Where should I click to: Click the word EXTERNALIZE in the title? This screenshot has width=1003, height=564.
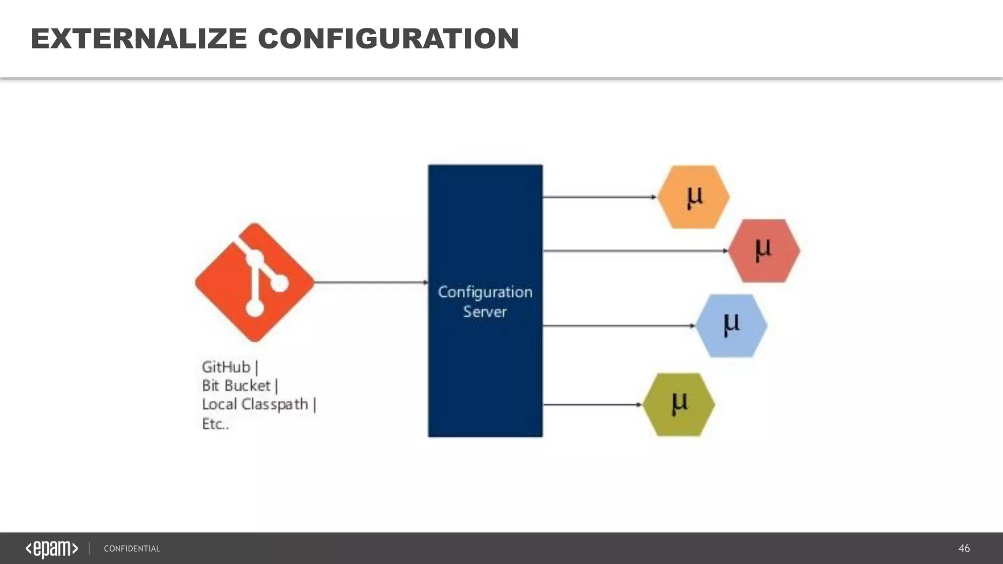click(139, 39)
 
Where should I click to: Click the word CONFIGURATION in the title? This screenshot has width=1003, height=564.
click(388, 39)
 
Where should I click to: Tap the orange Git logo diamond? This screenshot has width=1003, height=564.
click(255, 282)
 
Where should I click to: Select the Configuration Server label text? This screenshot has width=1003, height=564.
click(485, 302)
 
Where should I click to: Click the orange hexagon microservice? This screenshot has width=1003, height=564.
click(693, 197)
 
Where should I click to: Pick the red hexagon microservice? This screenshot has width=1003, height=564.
click(764, 251)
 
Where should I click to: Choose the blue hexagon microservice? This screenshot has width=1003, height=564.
click(731, 326)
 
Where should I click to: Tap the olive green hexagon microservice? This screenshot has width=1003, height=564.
click(679, 405)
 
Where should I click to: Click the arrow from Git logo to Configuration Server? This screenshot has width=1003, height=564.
click(371, 282)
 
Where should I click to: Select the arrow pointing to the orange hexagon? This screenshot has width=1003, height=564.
click(599, 197)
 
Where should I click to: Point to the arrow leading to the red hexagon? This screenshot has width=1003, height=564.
click(635, 251)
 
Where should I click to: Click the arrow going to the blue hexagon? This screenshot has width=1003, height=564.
click(619, 326)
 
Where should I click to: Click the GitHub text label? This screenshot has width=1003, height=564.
click(226, 367)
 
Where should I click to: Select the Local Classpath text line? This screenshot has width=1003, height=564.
click(256, 404)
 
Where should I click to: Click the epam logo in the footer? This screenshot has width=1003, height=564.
click(52, 549)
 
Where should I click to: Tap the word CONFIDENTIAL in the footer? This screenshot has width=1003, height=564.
click(132, 549)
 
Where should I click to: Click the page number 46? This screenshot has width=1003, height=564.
click(964, 548)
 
